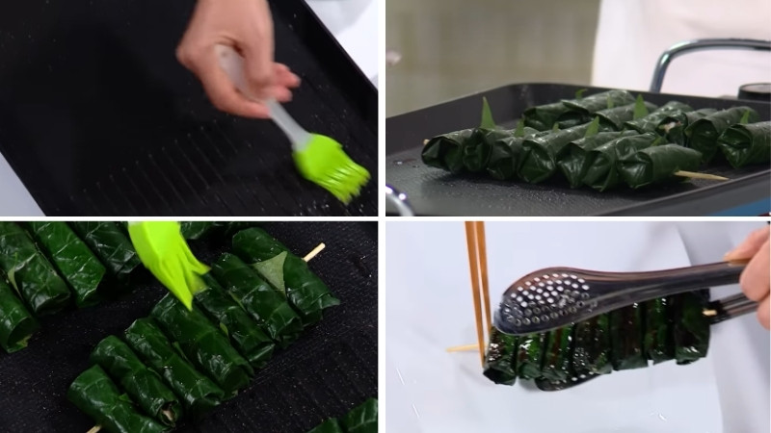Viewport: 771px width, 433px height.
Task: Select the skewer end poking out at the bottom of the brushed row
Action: [93, 428]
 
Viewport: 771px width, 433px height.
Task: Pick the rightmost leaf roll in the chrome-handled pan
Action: [744, 144]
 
